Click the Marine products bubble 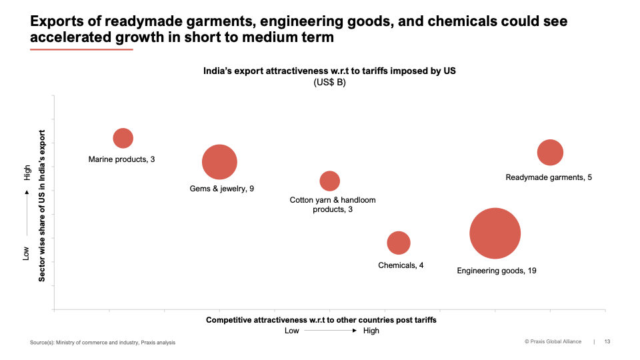click(x=123, y=138)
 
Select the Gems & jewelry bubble click(x=219, y=162)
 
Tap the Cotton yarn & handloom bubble click(x=329, y=181)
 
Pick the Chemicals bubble click(x=399, y=243)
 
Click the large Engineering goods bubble click(x=495, y=233)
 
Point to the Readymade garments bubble click(x=550, y=153)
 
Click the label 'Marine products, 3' click(x=121, y=159)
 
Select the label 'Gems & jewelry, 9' click(x=222, y=189)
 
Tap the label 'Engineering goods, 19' click(x=497, y=271)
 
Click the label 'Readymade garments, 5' click(x=549, y=177)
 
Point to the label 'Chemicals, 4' click(x=401, y=265)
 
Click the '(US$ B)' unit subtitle click(x=329, y=83)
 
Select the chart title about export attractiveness click(x=329, y=71)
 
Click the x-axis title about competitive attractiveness click(x=321, y=320)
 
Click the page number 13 click(x=607, y=342)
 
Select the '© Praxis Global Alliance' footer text click(x=553, y=342)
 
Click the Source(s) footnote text click(x=103, y=343)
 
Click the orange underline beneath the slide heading click(x=81, y=49)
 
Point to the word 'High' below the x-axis click(x=371, y=331)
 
